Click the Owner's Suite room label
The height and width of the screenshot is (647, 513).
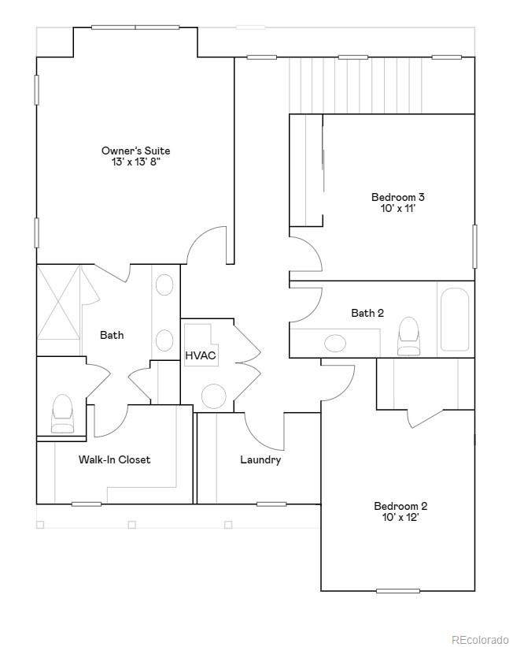coord(135,151)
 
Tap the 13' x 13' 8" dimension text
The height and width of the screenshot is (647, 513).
coord(135,162)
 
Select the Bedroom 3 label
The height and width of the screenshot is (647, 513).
coord(397,197)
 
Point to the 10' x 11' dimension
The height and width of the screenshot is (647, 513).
coord(397,208)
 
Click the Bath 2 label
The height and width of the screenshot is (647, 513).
coord(367,313)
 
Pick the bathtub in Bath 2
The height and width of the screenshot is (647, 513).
coord(455,319)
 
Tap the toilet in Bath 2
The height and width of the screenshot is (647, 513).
coord(408,336)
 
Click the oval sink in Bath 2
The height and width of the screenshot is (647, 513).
coord(335,343)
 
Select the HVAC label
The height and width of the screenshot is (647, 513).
coord(201,355)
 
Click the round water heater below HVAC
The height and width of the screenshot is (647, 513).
coord(213,396)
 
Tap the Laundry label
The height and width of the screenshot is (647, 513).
coord(260,459)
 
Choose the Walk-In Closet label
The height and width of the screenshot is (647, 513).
coord(115,459)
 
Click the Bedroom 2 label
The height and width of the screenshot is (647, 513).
coord(400,506)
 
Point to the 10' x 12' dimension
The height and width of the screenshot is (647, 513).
coord(400,517)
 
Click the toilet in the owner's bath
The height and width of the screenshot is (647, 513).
coord(63,414)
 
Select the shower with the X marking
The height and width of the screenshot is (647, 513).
coord(58,302)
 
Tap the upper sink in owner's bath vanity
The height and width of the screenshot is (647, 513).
coord(164,284)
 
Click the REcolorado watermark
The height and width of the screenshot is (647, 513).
coord(480,640)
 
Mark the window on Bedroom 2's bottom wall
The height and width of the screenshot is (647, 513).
coord(398,591)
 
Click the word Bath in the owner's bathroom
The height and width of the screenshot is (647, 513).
coord(112,335)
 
